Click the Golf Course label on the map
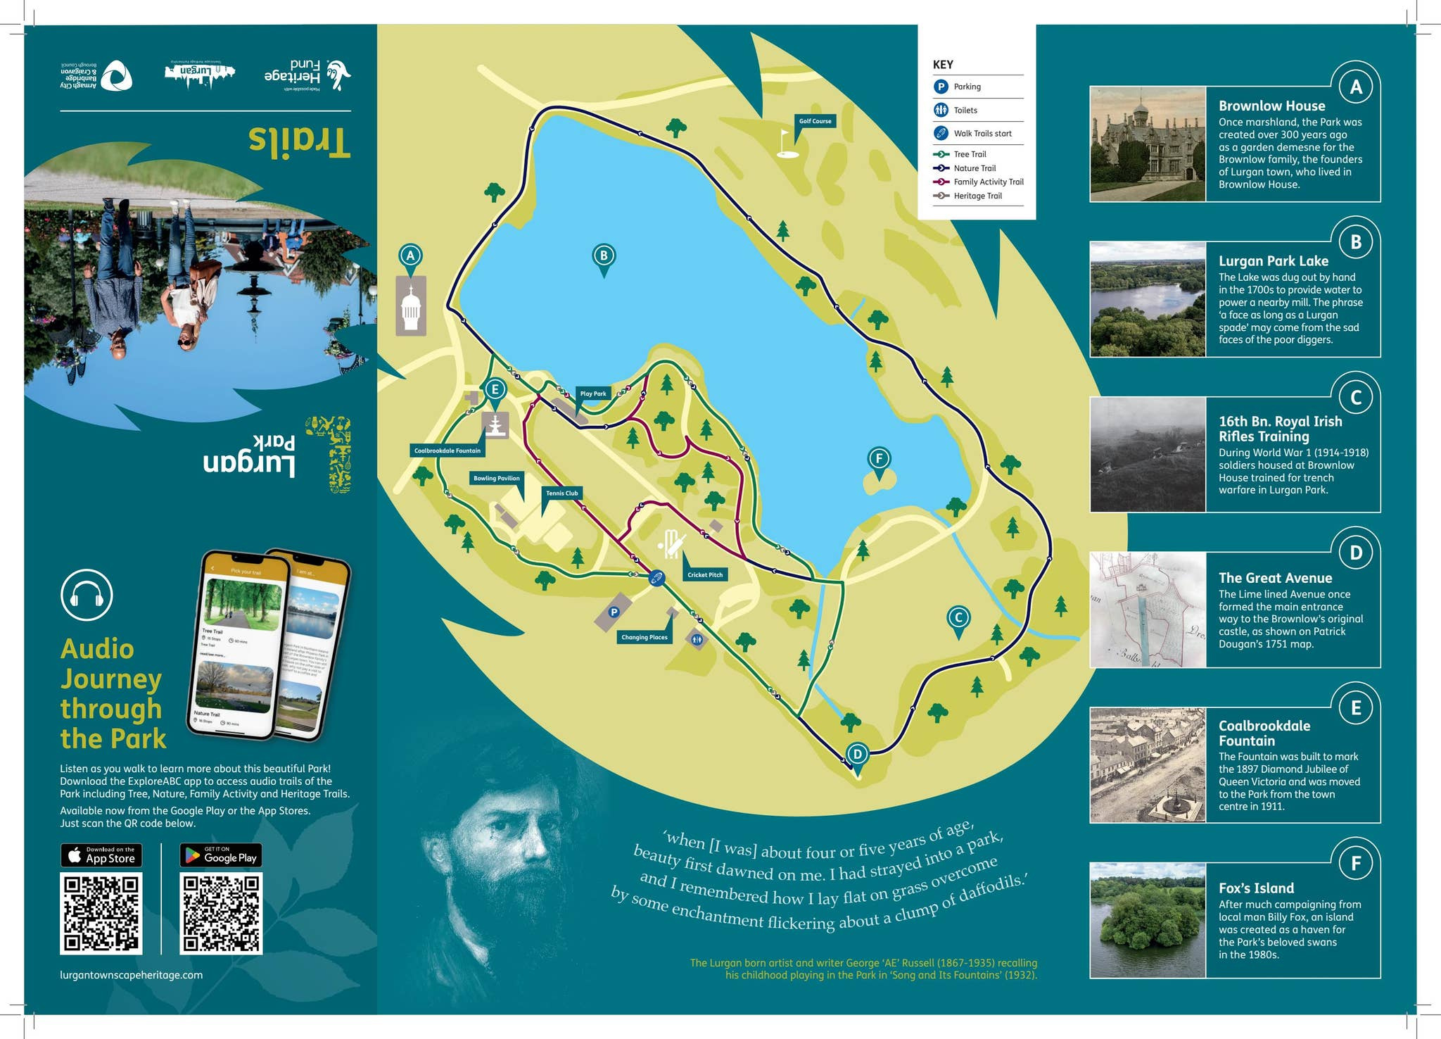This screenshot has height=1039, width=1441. [x=815, y=121]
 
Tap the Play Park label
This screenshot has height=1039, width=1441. [x=593, y=393]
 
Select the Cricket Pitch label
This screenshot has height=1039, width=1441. [x=705, y=574]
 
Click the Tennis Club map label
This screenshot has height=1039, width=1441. [x=561, y=493]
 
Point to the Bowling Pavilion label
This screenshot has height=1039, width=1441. [x=496, y=478]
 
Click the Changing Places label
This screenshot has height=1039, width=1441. [x=644, y=637]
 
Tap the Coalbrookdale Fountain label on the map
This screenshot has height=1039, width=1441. [x=447, y=451]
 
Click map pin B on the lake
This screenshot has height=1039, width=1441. [x=604, y=256]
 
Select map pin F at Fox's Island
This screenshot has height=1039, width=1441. [x=879, y=460]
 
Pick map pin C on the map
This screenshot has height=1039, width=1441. [x=958, y=618]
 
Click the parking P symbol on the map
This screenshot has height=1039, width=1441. [x=614, y=612]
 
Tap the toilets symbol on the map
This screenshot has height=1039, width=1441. [x=697, y=639]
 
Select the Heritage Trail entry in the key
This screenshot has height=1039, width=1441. [x=977, y=196]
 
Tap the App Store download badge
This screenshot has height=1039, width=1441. [x=101, y=855]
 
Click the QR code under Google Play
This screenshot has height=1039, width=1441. [x=221, y=914]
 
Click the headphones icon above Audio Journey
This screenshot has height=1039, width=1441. [x=87, y=596]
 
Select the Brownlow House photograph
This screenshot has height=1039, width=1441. [x=1148, y=144]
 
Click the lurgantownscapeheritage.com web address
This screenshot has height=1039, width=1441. [x=132, y=975]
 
